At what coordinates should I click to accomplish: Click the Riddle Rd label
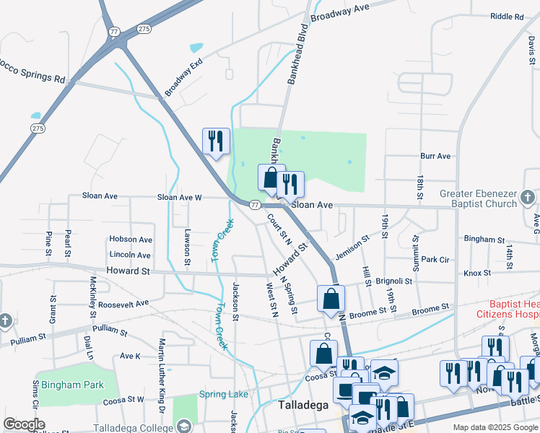[506, 17]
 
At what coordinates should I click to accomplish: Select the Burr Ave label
[435, 156]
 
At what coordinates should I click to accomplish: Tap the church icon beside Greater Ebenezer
[528, 196]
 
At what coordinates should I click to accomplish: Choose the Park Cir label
[435, 259]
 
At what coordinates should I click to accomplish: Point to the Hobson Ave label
[131, 240]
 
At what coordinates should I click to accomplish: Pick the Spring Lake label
[222, 395]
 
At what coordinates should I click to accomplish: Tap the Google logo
[25, 424]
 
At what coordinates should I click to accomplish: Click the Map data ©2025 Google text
[495, 427]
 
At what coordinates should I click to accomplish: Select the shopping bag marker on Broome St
[331, 298]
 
